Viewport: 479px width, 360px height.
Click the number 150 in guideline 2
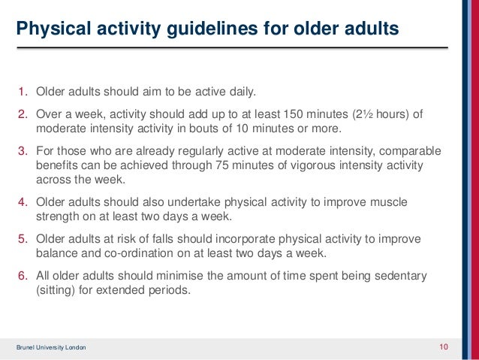tap(294, 114)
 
